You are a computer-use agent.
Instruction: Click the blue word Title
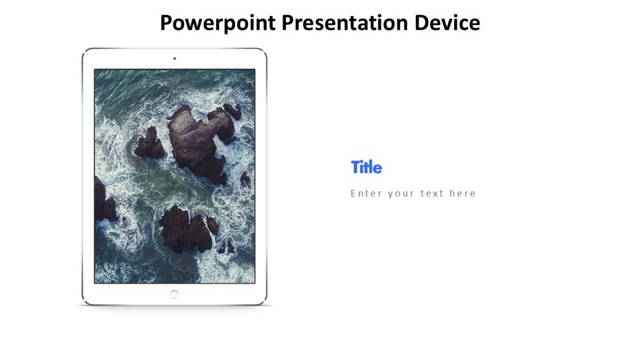pyautogui.click(x=366, y=167)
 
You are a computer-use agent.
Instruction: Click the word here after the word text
pyautogui.click(x=462, y=194)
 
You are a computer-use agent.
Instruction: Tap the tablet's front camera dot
pyautogui.click(x=174, y=59)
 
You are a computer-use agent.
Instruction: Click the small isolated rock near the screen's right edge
pyautogui.click(x=244, y=179)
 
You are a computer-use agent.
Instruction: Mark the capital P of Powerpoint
pyautogui.click(x=166, y=23)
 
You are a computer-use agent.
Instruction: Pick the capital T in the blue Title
pyautogui.click(x=355, y=167)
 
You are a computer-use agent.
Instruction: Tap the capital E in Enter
pyautogui.click(x=354, y=194)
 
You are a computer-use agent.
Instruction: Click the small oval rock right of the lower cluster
pyautogui.click(x=213, y=226)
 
